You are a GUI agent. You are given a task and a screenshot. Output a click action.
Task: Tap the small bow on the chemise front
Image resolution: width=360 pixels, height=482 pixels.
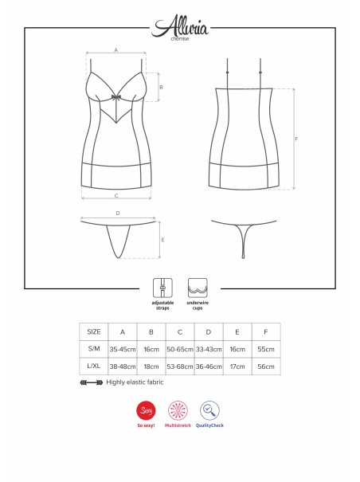click(x=116, y=97)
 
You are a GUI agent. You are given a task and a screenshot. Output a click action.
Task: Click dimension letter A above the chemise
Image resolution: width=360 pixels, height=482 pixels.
click(x=116, y=50)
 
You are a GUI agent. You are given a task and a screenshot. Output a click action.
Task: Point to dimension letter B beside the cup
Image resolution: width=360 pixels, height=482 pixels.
click(x=161, y=88)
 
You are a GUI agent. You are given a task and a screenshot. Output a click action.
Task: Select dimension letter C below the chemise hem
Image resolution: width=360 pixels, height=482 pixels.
click(x=116, y=196)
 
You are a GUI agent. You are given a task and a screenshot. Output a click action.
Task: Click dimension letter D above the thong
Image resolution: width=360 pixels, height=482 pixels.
click(x=118, y=213)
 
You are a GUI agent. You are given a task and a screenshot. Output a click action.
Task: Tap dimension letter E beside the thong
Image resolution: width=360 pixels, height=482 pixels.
click(x=162, y=240)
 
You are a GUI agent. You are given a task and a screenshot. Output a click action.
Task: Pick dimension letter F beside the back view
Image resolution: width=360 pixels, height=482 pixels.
click(x=296, y=139)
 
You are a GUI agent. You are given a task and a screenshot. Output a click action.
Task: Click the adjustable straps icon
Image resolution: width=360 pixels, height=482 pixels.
click(x=162, y=288)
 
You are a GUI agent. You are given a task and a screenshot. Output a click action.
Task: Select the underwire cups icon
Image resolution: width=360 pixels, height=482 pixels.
click(x=198, y=288)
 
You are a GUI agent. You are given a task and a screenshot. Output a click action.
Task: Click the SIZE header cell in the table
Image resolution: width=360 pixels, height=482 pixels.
click(x=94, y=331)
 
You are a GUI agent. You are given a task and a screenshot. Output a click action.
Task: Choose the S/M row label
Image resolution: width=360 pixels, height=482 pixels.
click(x=94, y=349)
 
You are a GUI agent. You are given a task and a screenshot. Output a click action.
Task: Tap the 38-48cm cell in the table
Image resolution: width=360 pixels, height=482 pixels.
click(x=123, y=366)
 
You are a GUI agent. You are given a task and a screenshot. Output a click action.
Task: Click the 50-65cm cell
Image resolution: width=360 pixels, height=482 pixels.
click(x=180, y=349)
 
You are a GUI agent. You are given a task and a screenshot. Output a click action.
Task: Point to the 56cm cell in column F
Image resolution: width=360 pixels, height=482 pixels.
click(x=266, y=366)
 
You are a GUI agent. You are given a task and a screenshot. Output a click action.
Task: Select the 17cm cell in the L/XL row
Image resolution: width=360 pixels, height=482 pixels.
click(x=237, y=366)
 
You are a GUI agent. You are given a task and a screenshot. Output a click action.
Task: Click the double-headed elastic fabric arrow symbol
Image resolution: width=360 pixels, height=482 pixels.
click(x=92, y=382)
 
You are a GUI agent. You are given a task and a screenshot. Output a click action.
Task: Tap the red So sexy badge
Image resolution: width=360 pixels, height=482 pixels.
click(x=146, y=410)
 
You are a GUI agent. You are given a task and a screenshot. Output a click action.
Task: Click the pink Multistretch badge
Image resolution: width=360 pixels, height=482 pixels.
click(x=178, y=410)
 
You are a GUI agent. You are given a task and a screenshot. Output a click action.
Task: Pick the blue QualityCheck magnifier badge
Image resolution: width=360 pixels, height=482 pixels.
click(x=209, y=410)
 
